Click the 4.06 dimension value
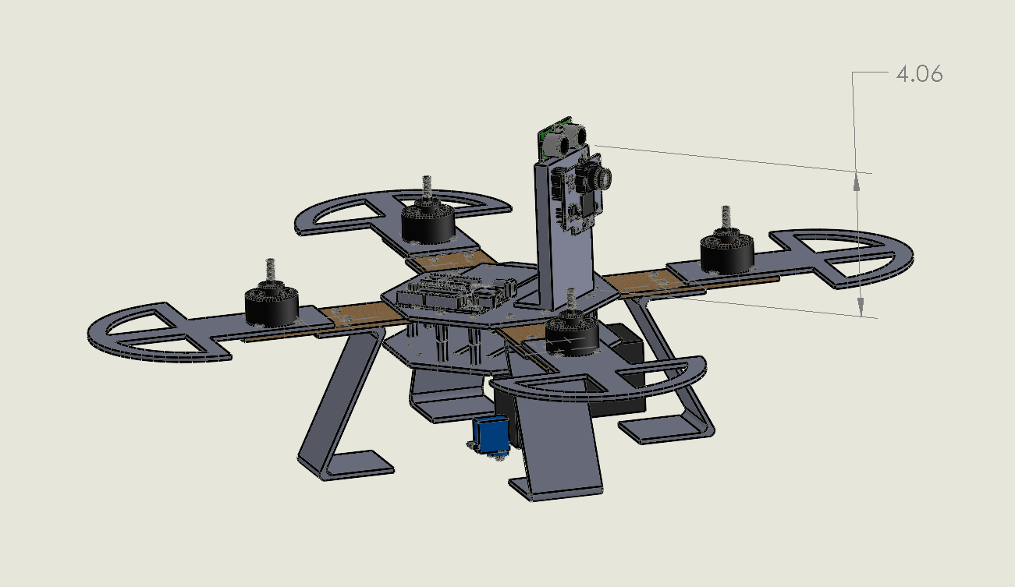pos(919,75)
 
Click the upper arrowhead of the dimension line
pos(857,181)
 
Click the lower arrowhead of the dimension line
pos(861,308)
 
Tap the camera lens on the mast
pos(603,179)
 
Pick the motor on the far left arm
pos(271,305)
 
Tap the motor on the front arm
pos(571,334)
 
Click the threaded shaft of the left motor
pos(271,272)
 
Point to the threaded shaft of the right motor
pos(726,217)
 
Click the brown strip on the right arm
pos(636,280)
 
